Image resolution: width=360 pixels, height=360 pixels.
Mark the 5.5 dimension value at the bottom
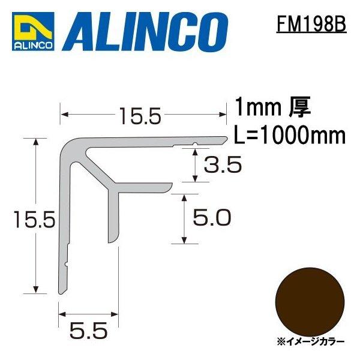88,329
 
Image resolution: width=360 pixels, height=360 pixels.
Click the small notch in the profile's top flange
196,144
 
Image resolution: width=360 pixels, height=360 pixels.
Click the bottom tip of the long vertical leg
61,292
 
